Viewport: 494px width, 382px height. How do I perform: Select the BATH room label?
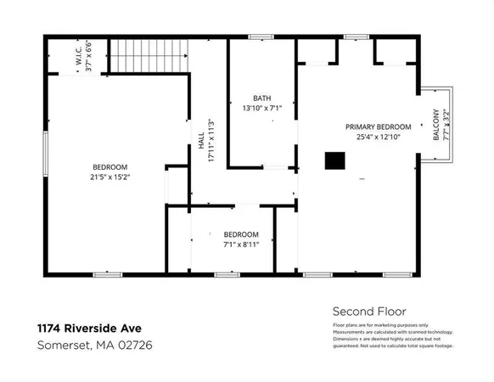pos(262,98)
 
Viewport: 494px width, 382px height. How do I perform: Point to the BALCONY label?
pos(436,124)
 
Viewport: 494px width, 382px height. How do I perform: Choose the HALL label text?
pos(201,150)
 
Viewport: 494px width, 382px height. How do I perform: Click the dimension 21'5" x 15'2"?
pos(109,177)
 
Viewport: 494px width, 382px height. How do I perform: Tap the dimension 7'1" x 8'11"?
pos(241,244)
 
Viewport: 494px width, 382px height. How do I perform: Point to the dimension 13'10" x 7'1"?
pos(262,108)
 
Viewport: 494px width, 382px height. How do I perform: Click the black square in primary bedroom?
pos(337,160)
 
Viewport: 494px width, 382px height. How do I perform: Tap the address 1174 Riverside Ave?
pos(89,328)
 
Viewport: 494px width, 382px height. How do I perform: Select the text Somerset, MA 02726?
pos(95,345)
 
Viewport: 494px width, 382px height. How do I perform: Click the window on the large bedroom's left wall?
pos(45,154)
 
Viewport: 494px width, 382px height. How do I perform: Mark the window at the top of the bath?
pos(261,37)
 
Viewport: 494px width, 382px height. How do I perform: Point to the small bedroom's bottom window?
pos(227,274)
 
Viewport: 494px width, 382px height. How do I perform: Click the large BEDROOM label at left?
pos(109,166)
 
